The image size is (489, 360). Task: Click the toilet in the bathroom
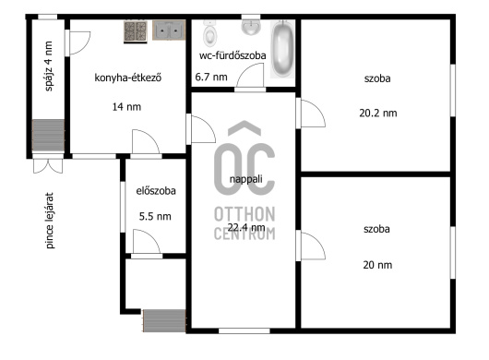(209, 33)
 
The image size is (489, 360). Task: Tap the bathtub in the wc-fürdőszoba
(282, 48)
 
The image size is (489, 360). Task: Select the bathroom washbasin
(251, 27)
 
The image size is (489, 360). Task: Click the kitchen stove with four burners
(136, 31)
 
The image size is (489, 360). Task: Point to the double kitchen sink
(169, 30)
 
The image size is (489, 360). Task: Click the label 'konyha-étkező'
(128, 78)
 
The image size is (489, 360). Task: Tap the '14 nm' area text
(126, 107)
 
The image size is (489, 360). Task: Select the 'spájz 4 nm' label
(49, 66)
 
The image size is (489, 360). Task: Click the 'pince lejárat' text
(50, 221)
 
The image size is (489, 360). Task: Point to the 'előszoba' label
(156, 190)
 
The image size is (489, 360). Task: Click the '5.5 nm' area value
(155, 216)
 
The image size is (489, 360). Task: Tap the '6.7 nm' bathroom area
(211, 77)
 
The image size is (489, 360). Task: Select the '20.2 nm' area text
(378, 113)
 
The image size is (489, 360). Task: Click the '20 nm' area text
(377, 265)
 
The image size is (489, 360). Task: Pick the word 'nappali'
(245, 179)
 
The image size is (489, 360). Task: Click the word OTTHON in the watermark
(244, 214)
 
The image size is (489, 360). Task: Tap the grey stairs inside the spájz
(48, 135)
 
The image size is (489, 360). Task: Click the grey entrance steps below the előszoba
(164, 320)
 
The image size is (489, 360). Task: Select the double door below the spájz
(48, 166)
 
